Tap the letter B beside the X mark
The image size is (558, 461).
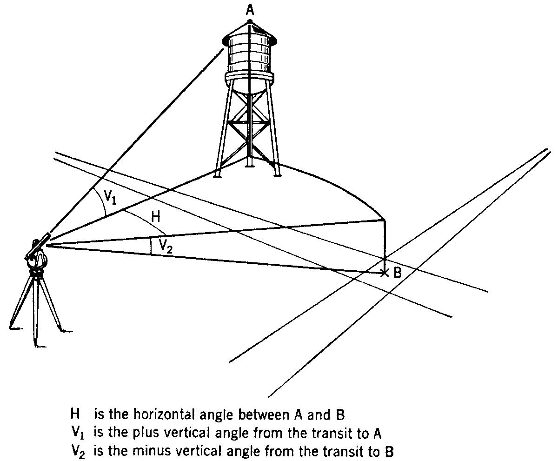pyautogui.click(x=398, y=273)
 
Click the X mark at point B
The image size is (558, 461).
pyautogui.click(x=384, y=273)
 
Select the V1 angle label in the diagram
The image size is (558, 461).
pyautogui.click(x=110, y=196)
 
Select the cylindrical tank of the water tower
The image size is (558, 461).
pyautogui.click(x=250, y=56)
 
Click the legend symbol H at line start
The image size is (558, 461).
pyautogui.click(x=73, y=414)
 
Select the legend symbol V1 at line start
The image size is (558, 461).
pyautogui.click(x=76, y=434)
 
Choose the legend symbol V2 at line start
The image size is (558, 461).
pyautogui.click(x=76, y=452)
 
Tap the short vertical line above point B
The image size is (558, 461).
pyautogui.click(x=385, y=242)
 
